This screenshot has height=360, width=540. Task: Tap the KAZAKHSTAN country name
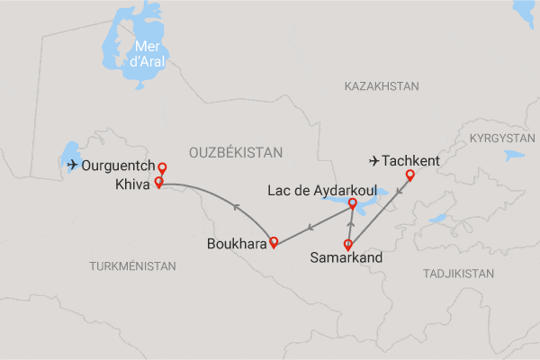tap(382, 86)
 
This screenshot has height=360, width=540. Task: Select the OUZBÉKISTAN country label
tap(236, 154)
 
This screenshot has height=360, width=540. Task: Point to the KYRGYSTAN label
tap(502, 139)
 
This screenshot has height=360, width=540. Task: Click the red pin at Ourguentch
tap(162, 168)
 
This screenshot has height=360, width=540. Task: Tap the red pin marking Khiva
tap(159, 183)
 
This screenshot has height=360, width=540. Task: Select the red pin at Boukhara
tap(274, 241)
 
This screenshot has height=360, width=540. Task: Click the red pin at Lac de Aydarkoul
tap(352, 204)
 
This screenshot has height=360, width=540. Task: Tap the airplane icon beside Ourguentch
tap(72, 164)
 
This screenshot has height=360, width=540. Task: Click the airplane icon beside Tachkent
tap(374, 161)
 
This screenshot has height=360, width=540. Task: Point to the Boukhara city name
tap(238, 243)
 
